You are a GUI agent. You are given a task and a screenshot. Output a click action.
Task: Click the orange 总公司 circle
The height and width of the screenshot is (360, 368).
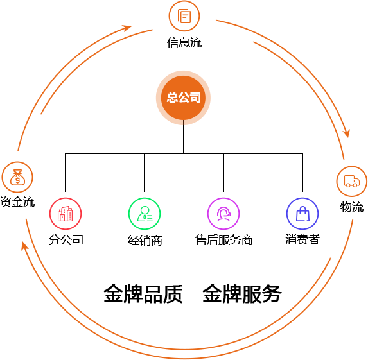[x=183, y=98]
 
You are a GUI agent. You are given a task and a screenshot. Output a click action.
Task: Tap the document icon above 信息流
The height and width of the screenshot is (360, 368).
[x=184, y=16]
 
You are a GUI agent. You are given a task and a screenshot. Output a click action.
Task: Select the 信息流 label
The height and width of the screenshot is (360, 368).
[x=184, y=43]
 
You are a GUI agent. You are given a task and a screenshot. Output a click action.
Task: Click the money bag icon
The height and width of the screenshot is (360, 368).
[x=17, y=177]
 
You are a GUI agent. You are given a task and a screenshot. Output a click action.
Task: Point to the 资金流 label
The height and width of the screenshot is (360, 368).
[x=17, y=201]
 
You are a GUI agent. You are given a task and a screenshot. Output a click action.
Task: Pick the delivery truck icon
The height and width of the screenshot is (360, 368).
[x=351, y=182]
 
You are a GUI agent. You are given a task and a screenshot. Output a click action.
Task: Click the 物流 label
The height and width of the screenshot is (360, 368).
[x=352, y=207]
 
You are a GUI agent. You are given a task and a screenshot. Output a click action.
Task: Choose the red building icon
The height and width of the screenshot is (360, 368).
[x=66, y=214]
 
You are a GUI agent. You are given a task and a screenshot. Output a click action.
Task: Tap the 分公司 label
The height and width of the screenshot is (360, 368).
[x=66, y=239]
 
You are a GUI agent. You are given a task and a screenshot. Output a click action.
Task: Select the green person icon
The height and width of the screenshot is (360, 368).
[x=145, y=214]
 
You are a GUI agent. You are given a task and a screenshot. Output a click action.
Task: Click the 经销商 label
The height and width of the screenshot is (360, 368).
[x=145, y=241]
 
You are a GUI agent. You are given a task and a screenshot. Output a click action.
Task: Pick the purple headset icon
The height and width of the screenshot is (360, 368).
[x=223, y=214]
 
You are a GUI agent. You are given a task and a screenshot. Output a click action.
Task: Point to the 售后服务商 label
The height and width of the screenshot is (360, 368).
[x=224, y=240]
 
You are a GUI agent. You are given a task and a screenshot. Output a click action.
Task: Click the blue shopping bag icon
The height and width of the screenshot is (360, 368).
[x=302, y=214]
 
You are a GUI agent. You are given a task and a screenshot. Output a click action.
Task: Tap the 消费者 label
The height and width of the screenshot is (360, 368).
[x=302, y=239]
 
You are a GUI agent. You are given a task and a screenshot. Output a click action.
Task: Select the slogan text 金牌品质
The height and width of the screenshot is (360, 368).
[x=143, y=294]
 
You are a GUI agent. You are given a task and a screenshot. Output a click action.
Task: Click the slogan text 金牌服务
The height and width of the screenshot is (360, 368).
[x=242, y=294]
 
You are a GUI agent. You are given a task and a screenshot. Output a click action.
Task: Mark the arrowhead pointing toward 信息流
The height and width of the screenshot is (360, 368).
[x=127, y=28]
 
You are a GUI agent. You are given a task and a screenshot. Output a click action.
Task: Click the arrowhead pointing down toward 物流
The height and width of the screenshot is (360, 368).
[x=347, y=133]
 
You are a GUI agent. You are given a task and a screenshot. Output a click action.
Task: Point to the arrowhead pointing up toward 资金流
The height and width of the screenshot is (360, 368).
[x=24, y=246]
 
